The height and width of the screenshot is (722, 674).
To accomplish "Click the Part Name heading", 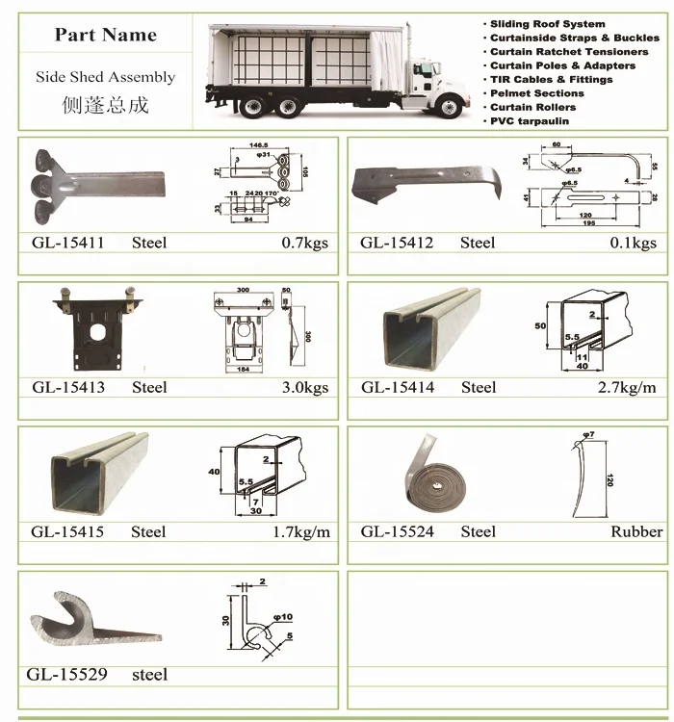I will (105, 35).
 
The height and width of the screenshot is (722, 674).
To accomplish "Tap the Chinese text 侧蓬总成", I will (105, 104).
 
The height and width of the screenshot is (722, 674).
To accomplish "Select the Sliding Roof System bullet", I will (547, 23).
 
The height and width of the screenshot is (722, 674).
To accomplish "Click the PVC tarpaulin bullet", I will (529, 121).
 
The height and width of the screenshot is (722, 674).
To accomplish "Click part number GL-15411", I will (67, 243).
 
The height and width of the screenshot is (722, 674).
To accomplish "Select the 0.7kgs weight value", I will (304, 243).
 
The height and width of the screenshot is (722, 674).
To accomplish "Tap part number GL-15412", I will (397, 243).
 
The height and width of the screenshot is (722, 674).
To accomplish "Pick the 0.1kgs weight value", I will (633, 243).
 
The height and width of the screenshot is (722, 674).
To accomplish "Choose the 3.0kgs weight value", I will (304, 387).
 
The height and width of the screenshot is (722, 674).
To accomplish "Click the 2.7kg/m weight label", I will (625, 387).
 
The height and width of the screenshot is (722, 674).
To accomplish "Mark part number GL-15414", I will (397, 387).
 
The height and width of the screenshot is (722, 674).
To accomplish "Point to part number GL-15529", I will (67, 675).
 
